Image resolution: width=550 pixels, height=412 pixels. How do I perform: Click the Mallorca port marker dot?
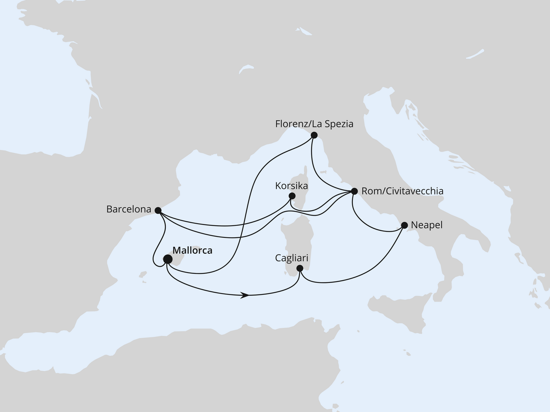[168, 259]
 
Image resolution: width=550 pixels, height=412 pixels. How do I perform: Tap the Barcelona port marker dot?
[158, 210]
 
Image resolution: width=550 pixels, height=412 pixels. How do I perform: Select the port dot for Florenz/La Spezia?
[314, 135]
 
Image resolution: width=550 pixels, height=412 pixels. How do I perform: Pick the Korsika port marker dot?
[292, 196]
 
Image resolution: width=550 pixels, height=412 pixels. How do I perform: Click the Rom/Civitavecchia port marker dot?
[354, 191]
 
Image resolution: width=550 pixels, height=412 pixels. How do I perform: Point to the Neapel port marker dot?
[404, 224]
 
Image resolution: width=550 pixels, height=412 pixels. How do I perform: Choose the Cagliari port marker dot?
[300, 269]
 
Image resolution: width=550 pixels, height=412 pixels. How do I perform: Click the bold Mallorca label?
[192, 251]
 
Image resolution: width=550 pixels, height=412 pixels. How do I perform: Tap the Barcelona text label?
[129, 210]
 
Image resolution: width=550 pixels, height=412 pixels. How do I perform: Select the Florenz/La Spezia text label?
[314, 124]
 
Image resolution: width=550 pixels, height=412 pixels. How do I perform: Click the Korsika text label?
[292, 186]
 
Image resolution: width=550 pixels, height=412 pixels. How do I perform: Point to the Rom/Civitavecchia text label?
[402, 191]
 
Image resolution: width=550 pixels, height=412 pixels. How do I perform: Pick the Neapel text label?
[427, 225]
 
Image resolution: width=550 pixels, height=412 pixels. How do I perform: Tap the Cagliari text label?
[292, 258]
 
